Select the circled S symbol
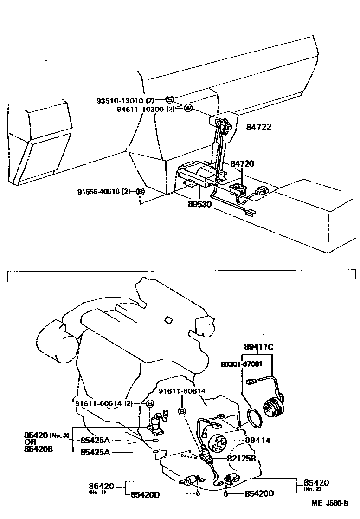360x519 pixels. pos(169,99)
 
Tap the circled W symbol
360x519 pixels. pos(188,108)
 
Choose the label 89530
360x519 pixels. pos(199,204)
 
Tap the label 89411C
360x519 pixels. pos(259,346)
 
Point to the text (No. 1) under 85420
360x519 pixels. pos(96,492)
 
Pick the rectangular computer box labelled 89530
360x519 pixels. pos(197,175)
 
